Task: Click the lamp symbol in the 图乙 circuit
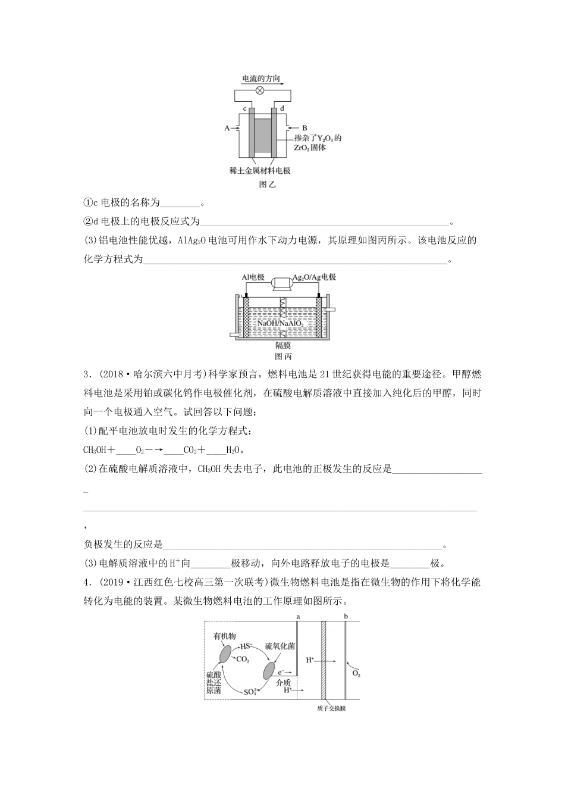[260, 90]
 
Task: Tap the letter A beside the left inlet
[227, 128]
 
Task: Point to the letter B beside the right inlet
[305, 128]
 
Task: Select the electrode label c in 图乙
[244, 109]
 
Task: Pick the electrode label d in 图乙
[282, 109]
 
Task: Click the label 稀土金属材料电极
[260, 171]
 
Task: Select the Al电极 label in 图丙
[253, 278]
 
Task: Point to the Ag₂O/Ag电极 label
[314, 278]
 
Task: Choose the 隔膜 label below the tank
[283, 345]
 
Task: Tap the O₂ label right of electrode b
[356, 673]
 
